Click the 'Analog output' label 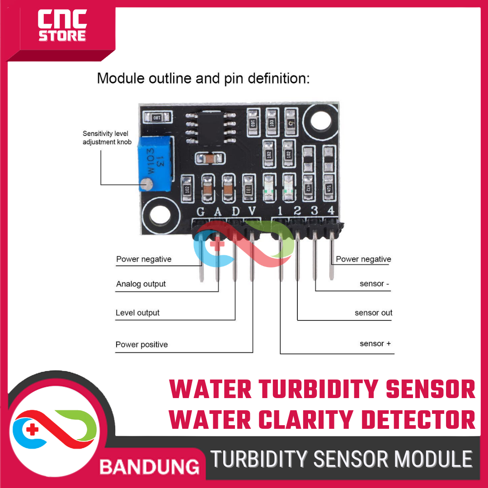point(141,284)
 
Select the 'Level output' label point(137,313)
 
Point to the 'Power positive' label point(141,344)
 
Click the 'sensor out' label point(373,313)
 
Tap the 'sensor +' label point(375,344)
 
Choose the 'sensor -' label point(375,284)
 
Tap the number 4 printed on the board point(331,211)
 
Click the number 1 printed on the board point(280,211)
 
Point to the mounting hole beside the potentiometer point(160,216)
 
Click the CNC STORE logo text point(62,26)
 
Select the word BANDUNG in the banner point(149,467)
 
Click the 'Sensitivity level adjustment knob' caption point(107,138)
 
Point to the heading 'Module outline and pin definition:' point(203,79)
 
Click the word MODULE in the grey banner point(434,460)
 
